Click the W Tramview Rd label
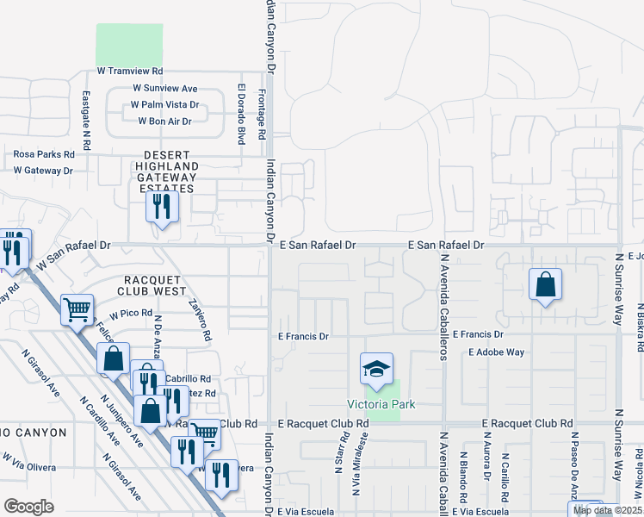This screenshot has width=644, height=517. point(130,71)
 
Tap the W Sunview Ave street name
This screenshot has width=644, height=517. point(165,88)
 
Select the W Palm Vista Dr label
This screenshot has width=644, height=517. point(164,104)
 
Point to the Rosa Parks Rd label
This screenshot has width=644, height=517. point(44,154)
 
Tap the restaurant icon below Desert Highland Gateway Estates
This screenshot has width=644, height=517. point(161,208)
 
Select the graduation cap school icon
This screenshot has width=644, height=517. point(376,370)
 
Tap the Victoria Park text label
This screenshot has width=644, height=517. point(381,404)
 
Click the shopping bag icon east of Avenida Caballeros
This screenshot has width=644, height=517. point(545,285)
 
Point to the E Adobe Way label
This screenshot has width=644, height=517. point(496,352)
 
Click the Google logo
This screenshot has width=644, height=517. point(28,507)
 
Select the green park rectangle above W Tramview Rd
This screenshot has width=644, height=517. point(129,43)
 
